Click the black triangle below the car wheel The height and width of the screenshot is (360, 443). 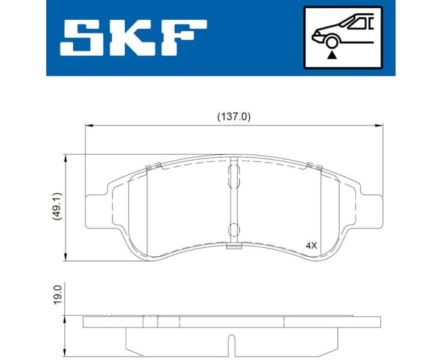coord(330,55)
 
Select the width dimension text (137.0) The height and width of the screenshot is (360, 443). coord(234,117)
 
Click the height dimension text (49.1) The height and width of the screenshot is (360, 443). coord(56,208)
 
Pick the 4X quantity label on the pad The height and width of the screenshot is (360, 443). coord(311,245)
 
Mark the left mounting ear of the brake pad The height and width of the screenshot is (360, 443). coord(97,211)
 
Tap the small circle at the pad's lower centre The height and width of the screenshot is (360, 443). coord(234,229)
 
